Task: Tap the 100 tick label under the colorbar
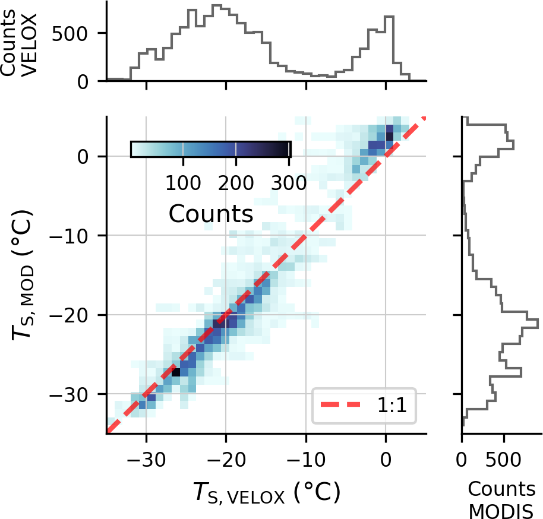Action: [182, 182]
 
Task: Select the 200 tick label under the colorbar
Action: [235, 182]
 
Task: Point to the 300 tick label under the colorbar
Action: [288, 182]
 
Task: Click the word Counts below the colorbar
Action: [211, 213]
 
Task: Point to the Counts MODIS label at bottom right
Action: [501, 499]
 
